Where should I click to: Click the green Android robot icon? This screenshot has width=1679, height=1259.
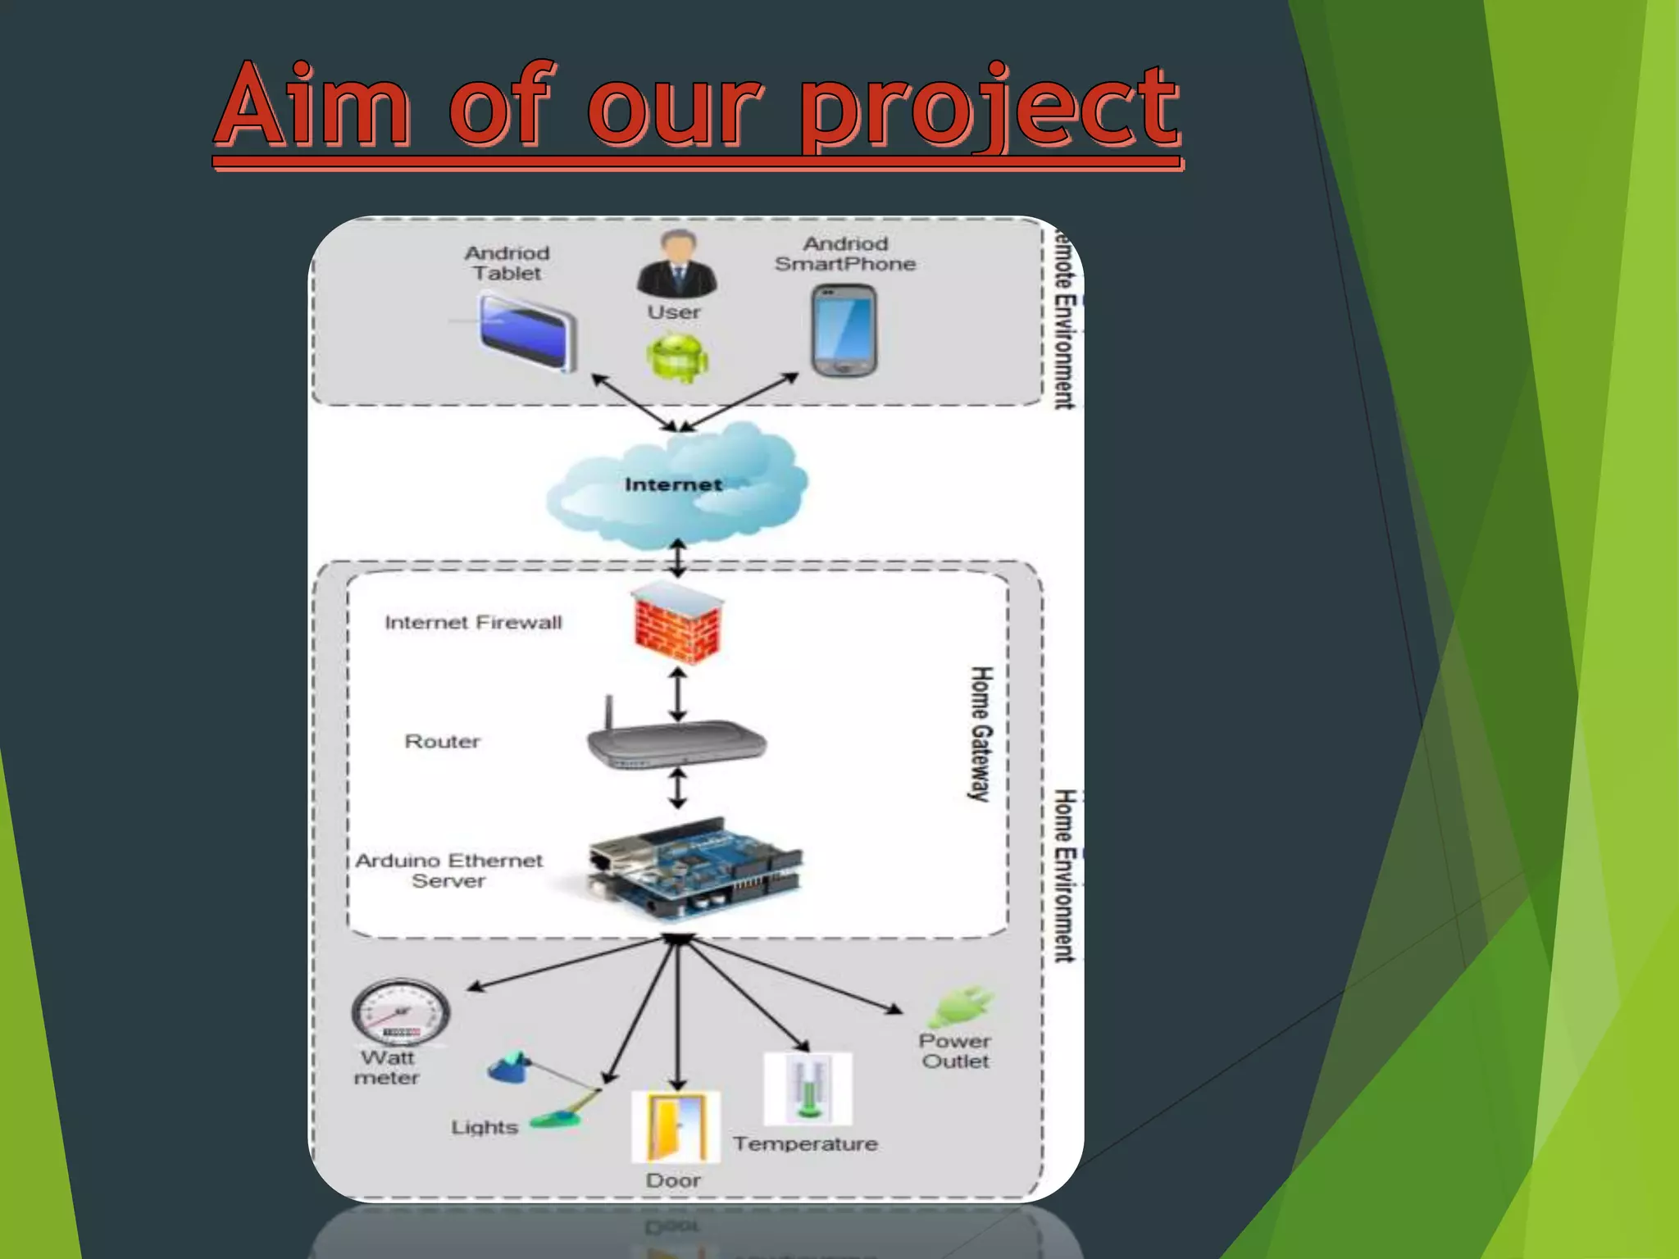pyautogui.click(x=677, y=357)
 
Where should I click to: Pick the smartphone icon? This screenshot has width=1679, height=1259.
pyautogui.click(x=844, y=330)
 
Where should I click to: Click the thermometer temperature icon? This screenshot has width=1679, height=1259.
pyautogui.click(x=808, y=1089)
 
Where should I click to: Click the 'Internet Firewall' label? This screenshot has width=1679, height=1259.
pyautogui.click(x=473, y=623)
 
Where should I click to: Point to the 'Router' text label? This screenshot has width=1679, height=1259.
pyautogui.click(x=442, y=742)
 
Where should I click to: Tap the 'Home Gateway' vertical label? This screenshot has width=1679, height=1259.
pyautogui.click(x=981, y=734)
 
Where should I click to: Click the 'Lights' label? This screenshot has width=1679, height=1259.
pyautogui.click(x=485, y=1128)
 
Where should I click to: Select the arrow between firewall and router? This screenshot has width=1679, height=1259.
pyautogui.click(x=677, y=693)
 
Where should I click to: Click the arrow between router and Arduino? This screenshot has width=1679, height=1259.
pyautogui.click(x=677, y=788)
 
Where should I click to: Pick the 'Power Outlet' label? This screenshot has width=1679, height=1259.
pyautogui.click(x=955, y=1051)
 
